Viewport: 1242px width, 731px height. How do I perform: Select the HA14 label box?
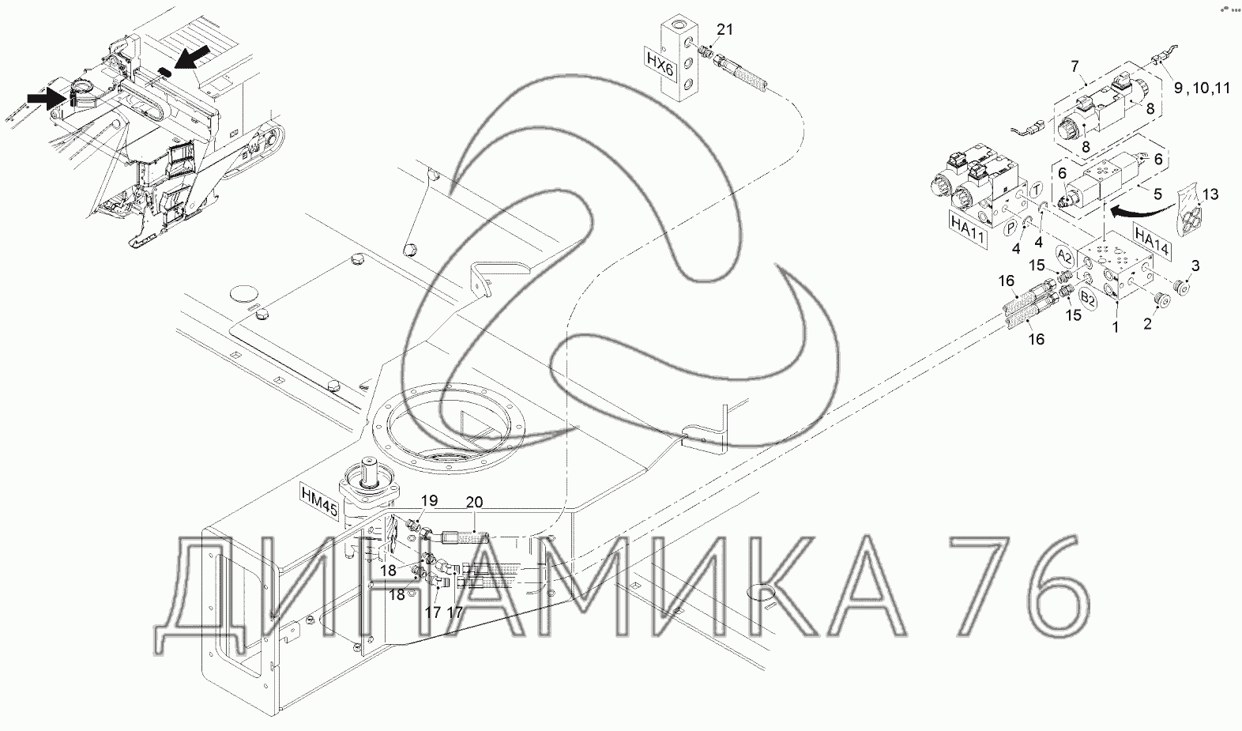(1152, 242)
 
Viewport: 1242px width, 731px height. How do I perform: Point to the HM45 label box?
(319, 499)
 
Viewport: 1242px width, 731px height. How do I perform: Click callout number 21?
(724, 29)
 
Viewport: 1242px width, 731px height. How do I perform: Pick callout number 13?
(1211, 194)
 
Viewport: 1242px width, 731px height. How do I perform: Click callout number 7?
(1075, 66)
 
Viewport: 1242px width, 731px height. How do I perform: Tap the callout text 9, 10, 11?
(1201, 88)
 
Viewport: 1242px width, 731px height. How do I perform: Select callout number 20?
(474, 503)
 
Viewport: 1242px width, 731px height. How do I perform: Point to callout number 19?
(429, 501)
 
